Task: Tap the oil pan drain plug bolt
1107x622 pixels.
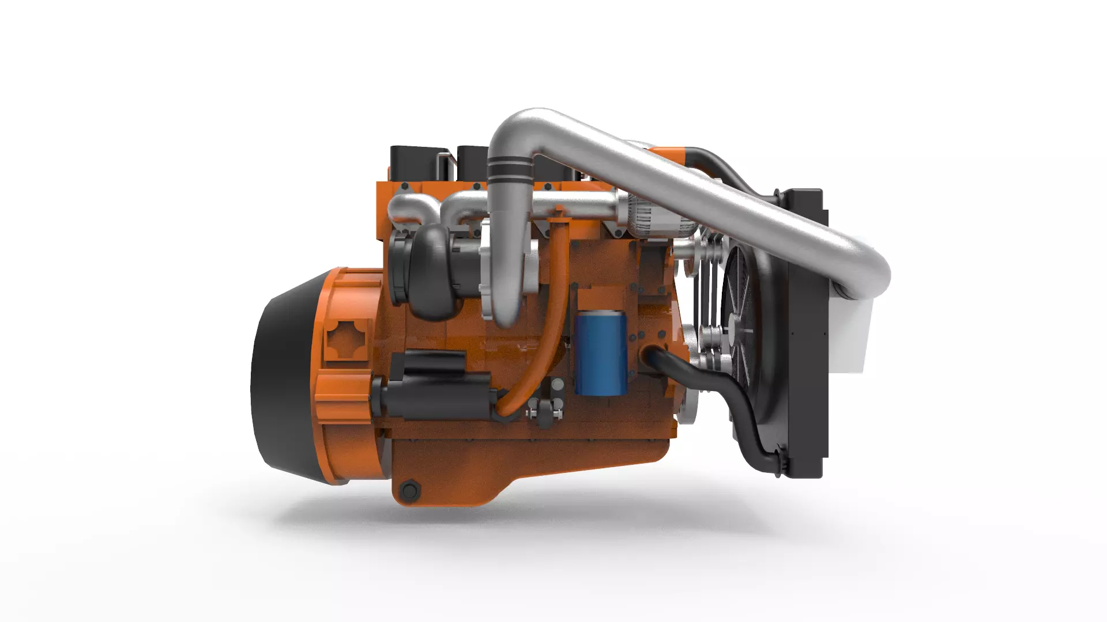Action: pos(409,491)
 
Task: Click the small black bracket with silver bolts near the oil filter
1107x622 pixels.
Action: pos(545,409)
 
